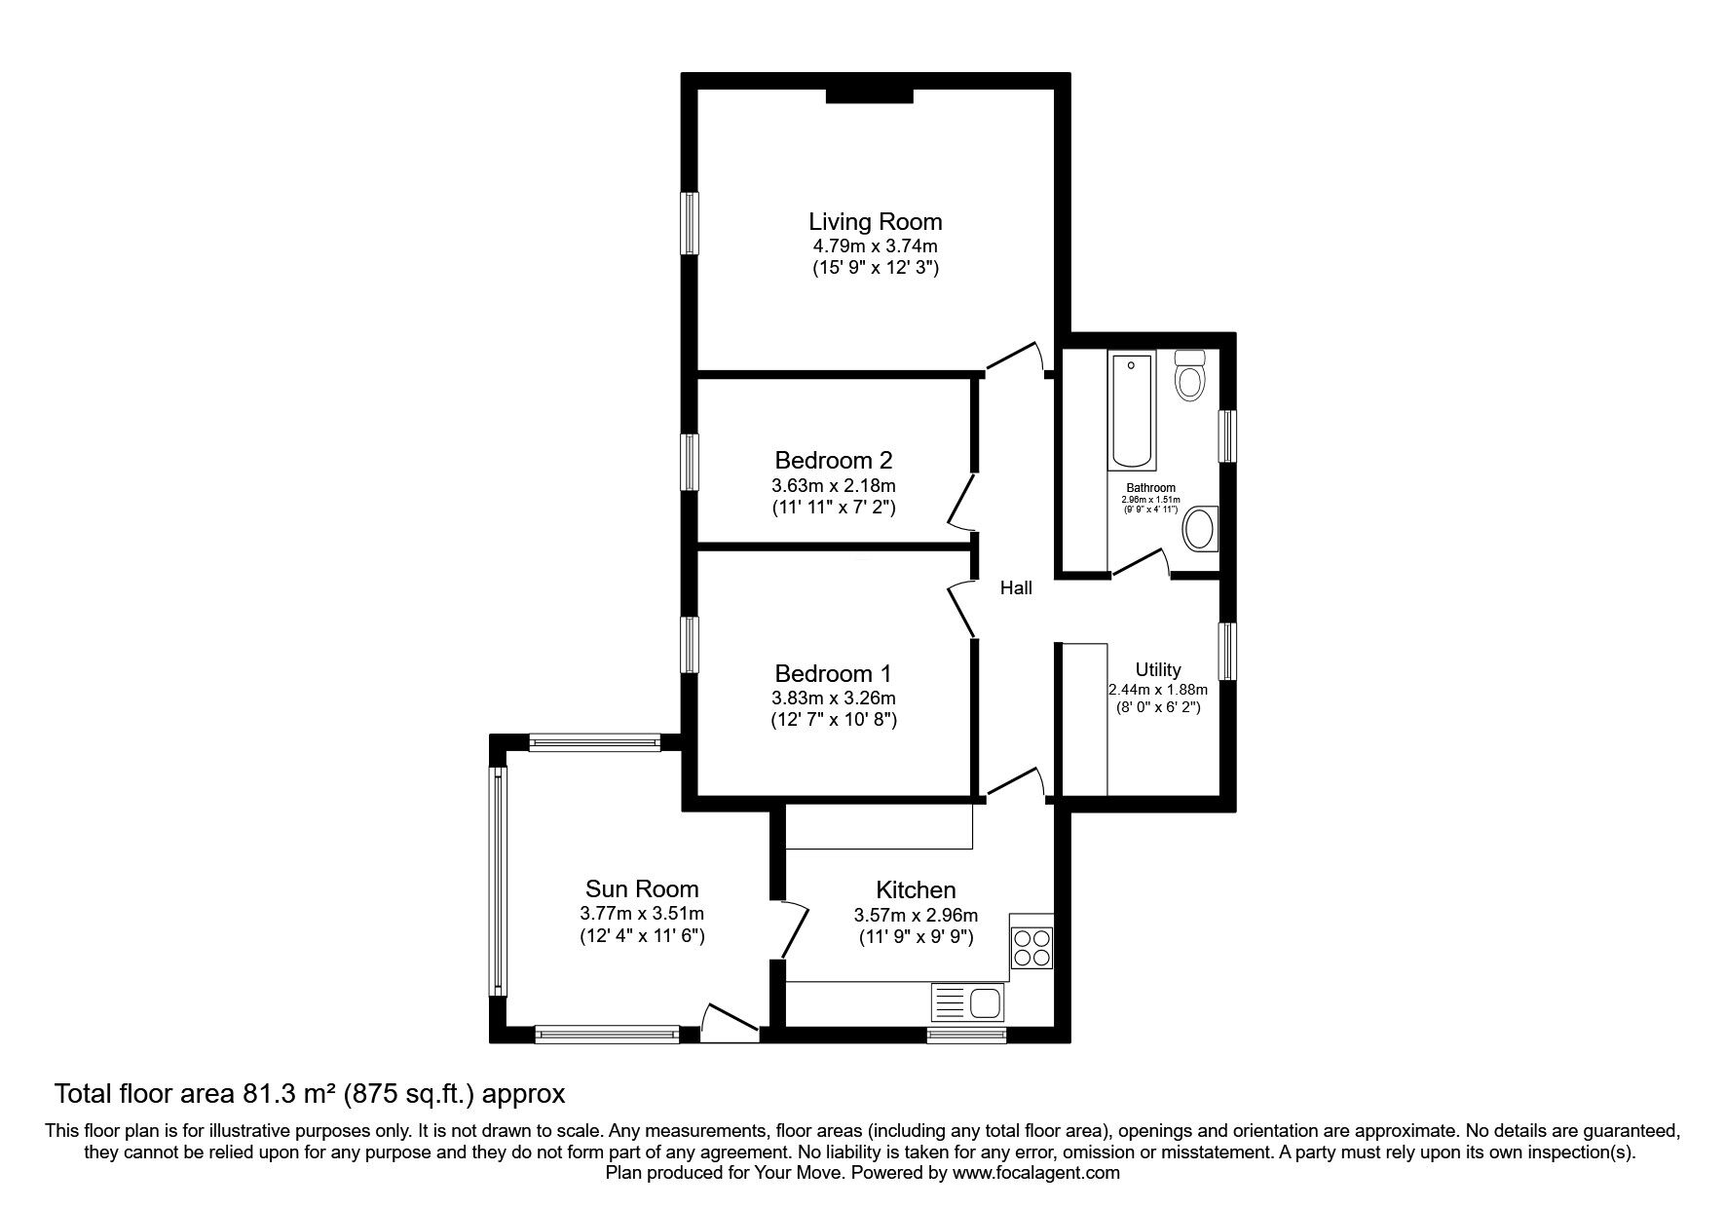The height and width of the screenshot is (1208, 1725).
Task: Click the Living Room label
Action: click(876, 221)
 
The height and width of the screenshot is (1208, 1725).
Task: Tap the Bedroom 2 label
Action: click(834, 460)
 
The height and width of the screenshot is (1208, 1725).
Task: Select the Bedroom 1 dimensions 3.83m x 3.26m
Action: click(834, 698)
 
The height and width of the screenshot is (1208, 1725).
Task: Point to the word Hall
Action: click(1016, 587)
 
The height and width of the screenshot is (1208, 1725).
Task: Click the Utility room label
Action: click(1158, 670)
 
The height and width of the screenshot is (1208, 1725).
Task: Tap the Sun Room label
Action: click(642, 888)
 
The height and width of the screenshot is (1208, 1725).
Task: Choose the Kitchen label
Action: click(916, 889)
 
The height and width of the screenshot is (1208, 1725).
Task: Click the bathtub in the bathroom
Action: click(1131, 411)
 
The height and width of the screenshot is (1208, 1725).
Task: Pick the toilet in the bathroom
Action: click(1190, 374)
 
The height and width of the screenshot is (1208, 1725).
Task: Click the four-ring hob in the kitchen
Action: click(1031, 941)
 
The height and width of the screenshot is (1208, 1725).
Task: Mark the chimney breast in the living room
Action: click(869, 94)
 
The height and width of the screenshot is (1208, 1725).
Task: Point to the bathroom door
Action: click(1141, 563)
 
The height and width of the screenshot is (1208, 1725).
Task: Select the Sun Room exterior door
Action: click(730, 1019)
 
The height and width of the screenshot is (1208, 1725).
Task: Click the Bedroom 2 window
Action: click(690, 462)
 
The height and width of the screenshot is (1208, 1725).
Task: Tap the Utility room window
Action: click(1227, 651)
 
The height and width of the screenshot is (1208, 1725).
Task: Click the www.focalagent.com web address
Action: click(1035, 1173)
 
